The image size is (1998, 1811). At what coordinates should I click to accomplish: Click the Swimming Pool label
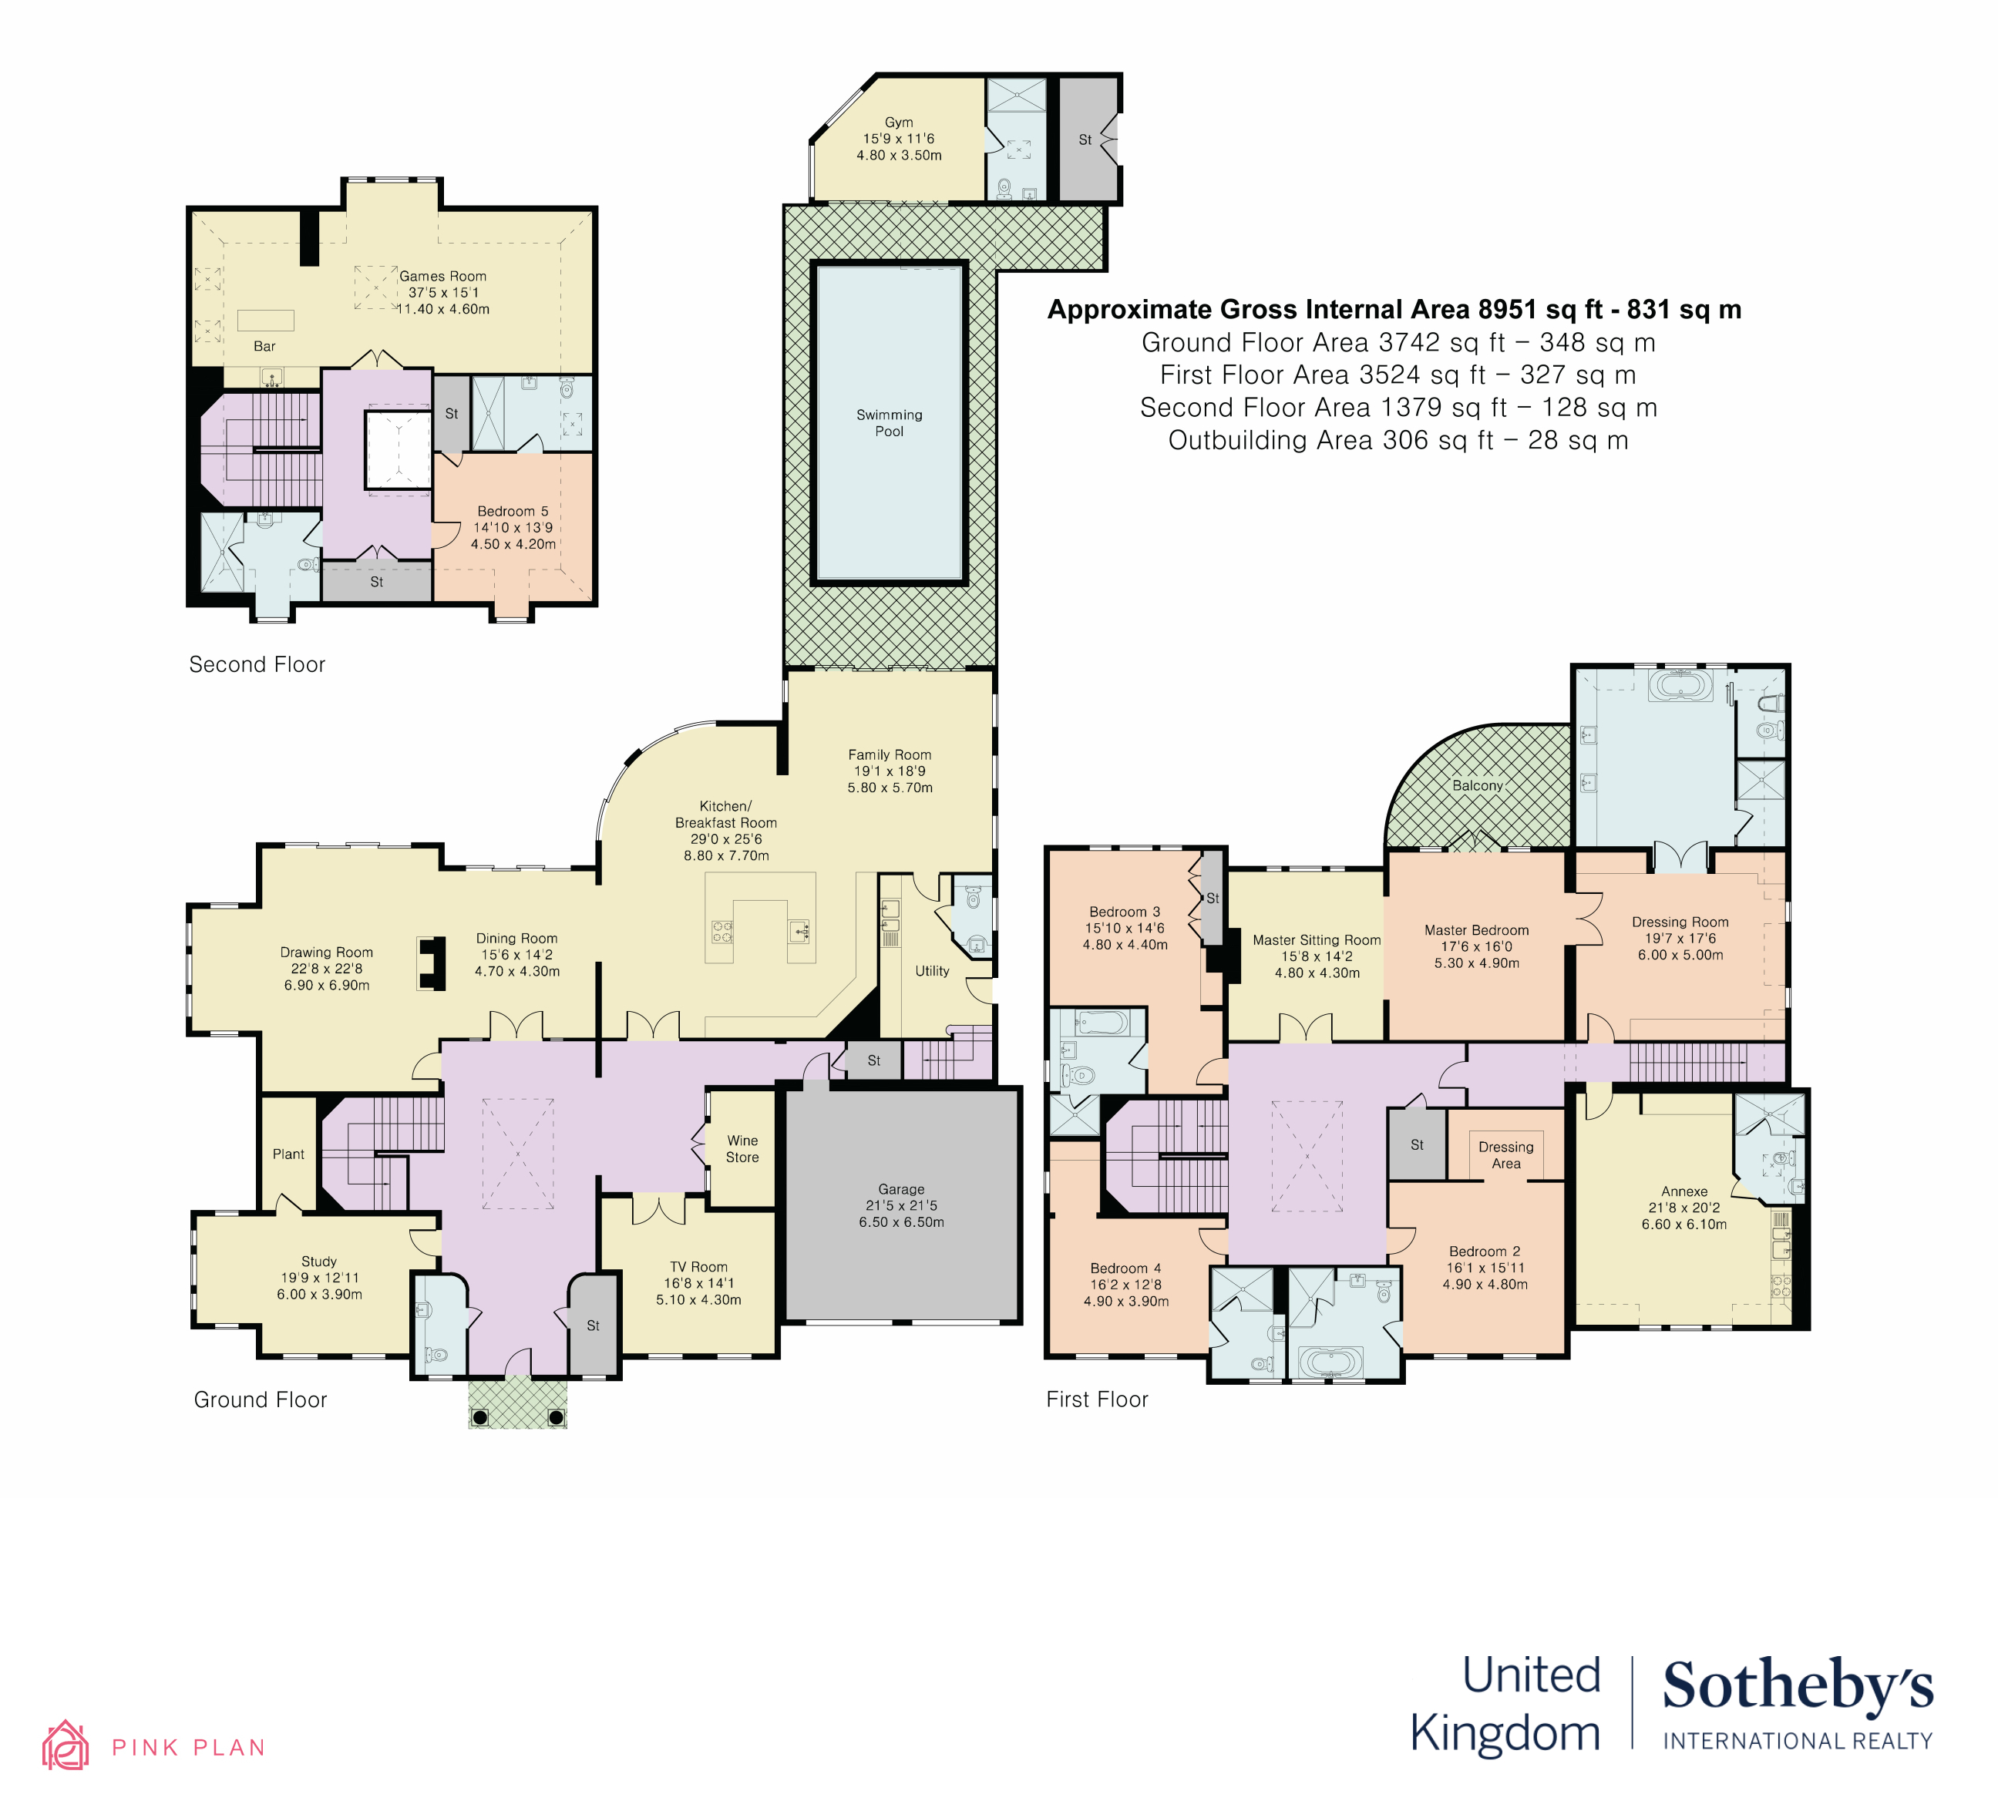(x=889, y=423)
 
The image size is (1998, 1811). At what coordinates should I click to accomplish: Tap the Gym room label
(x=899, y=123)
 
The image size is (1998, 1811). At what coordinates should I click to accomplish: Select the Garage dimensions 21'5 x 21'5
(x=901, y=1206)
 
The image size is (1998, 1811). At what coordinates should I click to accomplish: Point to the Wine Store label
(x=742, y=1149)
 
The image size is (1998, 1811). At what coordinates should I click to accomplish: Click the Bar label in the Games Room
(x=264, y=347)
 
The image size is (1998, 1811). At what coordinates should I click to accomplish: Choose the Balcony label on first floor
(x=1478, y=785)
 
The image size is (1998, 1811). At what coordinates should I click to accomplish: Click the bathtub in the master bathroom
(x=1679, y=686)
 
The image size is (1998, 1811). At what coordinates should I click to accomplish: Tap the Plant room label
(x=288, y=1154)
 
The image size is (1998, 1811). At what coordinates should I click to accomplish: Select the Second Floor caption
(x=257, y=665)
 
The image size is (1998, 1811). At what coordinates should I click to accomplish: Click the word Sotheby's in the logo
(x=1797, y=1687)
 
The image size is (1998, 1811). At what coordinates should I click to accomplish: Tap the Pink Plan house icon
(x=66, y=1745)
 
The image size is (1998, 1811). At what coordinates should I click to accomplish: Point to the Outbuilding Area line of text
(x=1398, y=441)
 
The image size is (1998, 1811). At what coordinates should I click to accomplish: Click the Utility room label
(x=932, y=971)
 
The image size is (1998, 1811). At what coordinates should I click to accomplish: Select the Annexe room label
(x=1683, y=1192)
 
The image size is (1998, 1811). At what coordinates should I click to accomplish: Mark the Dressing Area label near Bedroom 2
(x=1505, y=1155)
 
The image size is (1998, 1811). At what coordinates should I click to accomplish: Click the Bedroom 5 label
(x=513, y=511)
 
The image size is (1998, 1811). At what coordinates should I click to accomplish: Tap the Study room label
(x=319, y=1262)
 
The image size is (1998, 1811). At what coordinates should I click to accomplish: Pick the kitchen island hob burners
(x=722, y=931)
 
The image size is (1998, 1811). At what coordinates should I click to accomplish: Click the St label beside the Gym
(x=1085, y=139)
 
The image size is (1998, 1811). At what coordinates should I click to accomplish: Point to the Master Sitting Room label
(x=1316, y=940)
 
